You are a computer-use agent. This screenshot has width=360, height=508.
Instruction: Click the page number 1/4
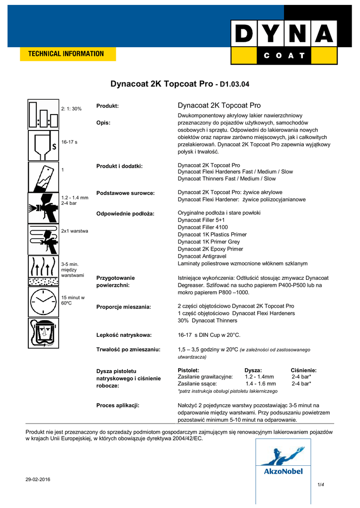(x=320, y=484)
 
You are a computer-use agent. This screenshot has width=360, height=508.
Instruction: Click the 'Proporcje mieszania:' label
(x=124, y=307)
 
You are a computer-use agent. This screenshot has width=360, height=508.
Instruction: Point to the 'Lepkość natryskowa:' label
(x=124, y=335)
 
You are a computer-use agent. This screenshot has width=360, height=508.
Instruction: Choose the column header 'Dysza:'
(x=253, y=370)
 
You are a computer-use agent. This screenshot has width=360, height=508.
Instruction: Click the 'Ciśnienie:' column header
(x=303, y=370)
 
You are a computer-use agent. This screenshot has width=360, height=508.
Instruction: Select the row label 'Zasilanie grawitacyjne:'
(x=205, y=377)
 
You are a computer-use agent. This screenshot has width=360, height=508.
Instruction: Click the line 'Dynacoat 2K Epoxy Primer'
(x=211, y=249)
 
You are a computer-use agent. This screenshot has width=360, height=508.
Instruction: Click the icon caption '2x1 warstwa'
(x=74, y=231)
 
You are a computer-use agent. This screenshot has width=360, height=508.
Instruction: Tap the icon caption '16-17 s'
(x=70, y=142)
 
